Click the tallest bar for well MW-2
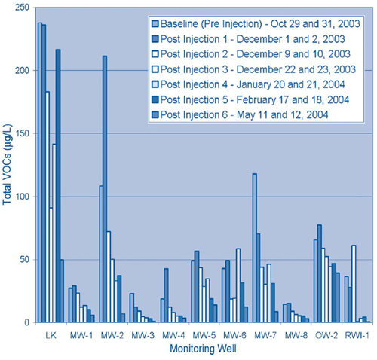point(105,189)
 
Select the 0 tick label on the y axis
point(26,322)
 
